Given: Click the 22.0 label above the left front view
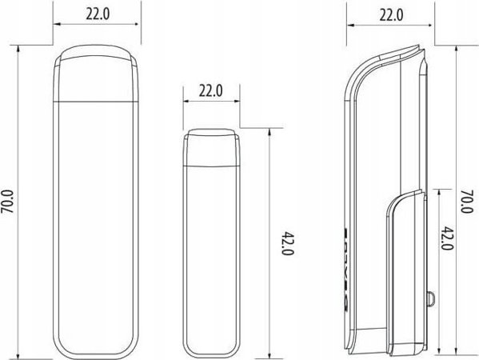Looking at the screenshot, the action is point(98,14).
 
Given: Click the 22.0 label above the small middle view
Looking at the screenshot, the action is point(211,90).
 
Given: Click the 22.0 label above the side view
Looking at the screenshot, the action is point(391,15).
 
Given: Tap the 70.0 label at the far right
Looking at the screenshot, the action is point(467,202).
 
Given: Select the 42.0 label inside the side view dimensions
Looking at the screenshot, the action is point(448,238).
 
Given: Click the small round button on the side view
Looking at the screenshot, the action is point(430,298).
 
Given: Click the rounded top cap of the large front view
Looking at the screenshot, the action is point(96,73).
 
